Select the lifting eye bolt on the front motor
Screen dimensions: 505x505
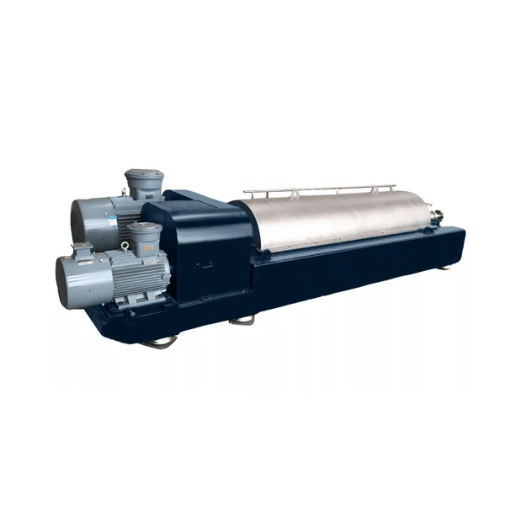click(x=125, y=247)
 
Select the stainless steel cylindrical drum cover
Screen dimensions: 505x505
click(x=337, y=219)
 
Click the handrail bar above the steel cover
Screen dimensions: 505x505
click(x=320, y=189)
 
